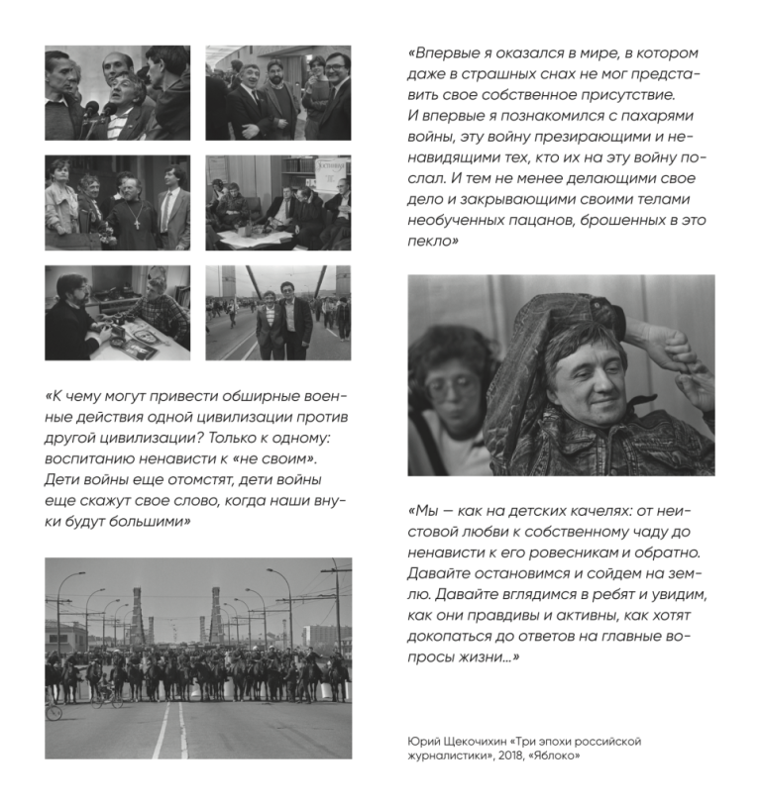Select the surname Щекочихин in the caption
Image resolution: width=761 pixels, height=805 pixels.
pyautogui.click(x=469, y=741)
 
